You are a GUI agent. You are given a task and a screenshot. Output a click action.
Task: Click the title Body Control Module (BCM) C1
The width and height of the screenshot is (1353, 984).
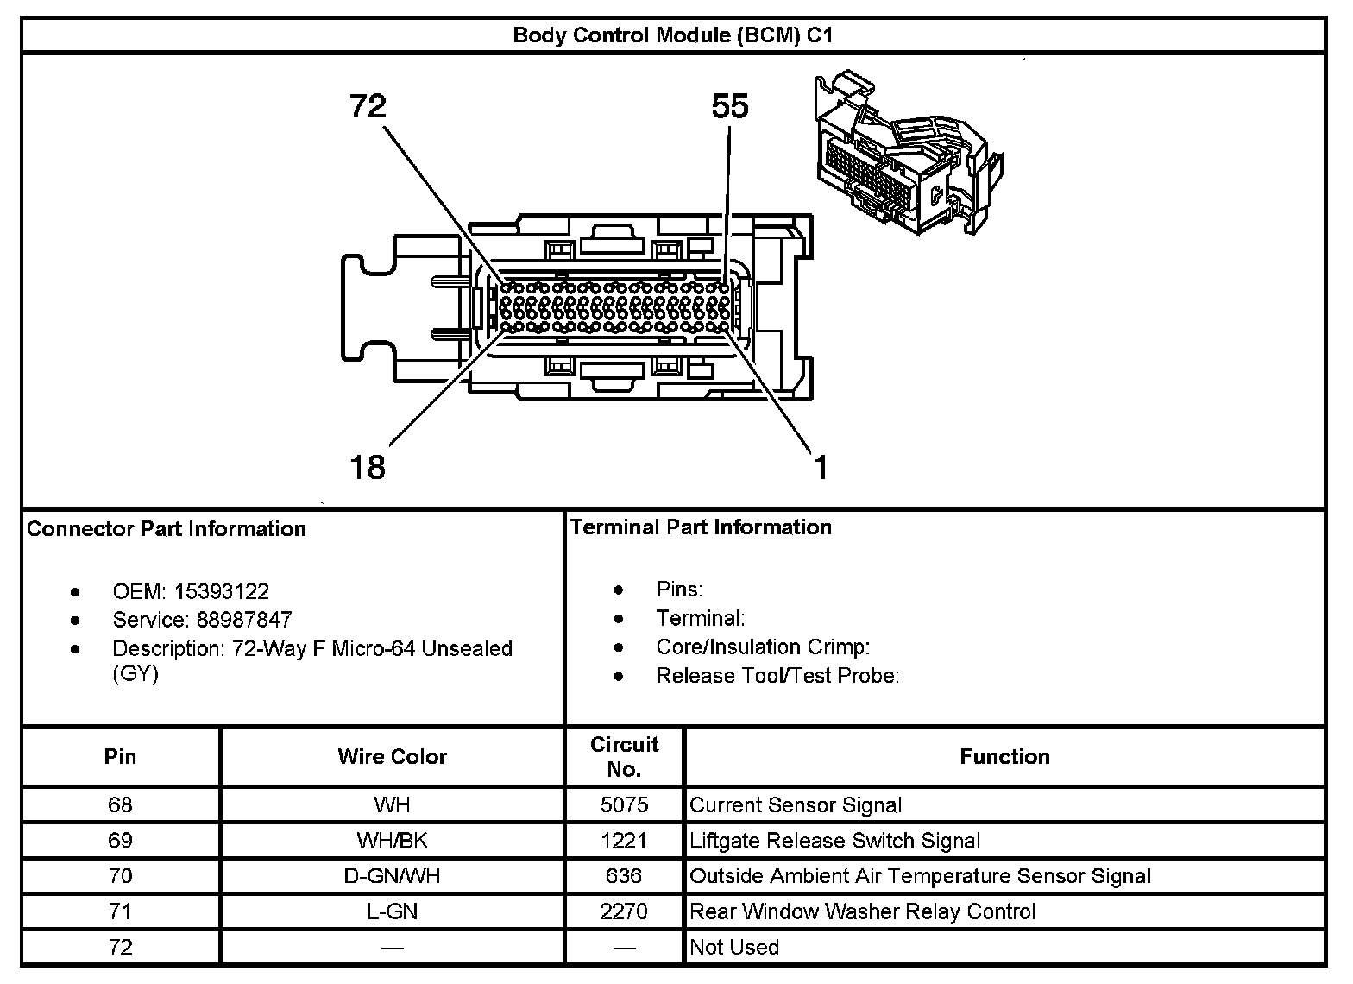(673, 35)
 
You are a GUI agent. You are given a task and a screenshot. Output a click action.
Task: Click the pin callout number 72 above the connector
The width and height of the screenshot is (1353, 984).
(368, 106)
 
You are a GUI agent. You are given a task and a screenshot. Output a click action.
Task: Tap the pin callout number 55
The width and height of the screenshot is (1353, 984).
(730, 106)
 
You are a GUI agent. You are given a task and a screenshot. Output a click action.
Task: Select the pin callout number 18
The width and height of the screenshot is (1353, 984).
(368, 468)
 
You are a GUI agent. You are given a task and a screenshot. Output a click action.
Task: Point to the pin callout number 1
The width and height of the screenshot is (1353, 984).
(821, 468)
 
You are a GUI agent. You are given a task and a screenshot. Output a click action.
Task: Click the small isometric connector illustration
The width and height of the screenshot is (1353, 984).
(909, 153)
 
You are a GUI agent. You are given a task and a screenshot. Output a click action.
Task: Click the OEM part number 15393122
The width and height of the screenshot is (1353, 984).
(222, 591)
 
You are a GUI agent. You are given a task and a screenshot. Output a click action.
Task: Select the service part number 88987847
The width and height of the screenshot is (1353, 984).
(244, 620)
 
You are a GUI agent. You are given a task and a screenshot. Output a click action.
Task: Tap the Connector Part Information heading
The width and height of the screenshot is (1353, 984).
(167, 528)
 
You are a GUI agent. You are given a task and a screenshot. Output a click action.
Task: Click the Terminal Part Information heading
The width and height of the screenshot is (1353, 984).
(702, 527)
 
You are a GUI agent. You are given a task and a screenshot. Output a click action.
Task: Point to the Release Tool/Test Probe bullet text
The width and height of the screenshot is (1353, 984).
(778, 675)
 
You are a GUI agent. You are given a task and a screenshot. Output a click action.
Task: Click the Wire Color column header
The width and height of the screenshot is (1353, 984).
(393, 756)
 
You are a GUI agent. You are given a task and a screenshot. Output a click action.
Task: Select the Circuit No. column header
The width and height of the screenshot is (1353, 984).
(625, 756)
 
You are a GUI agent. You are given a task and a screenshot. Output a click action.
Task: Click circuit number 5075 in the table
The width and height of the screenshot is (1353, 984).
(624, 804)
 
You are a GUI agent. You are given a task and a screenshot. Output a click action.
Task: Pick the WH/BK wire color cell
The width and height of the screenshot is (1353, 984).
(392, 840)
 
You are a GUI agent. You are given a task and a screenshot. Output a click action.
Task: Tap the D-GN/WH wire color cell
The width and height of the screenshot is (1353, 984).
(392, 876)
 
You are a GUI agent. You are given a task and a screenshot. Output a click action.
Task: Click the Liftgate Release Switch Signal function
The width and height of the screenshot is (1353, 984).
(834, 841)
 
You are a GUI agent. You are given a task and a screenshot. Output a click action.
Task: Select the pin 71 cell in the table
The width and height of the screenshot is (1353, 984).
(120, 911)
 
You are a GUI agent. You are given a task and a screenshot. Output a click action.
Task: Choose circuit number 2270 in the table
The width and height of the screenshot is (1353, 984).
(624, 911)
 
